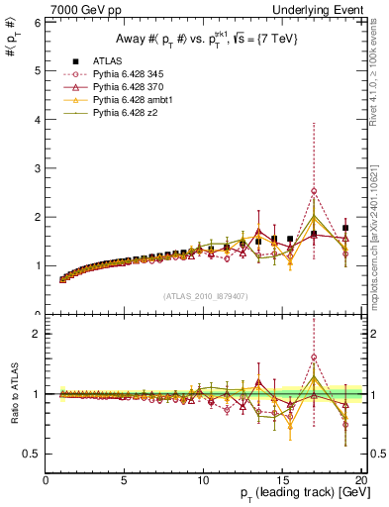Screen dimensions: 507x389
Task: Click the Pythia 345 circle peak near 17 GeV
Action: click(314, 191)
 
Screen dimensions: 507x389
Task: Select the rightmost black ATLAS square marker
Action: click(345, 228)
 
